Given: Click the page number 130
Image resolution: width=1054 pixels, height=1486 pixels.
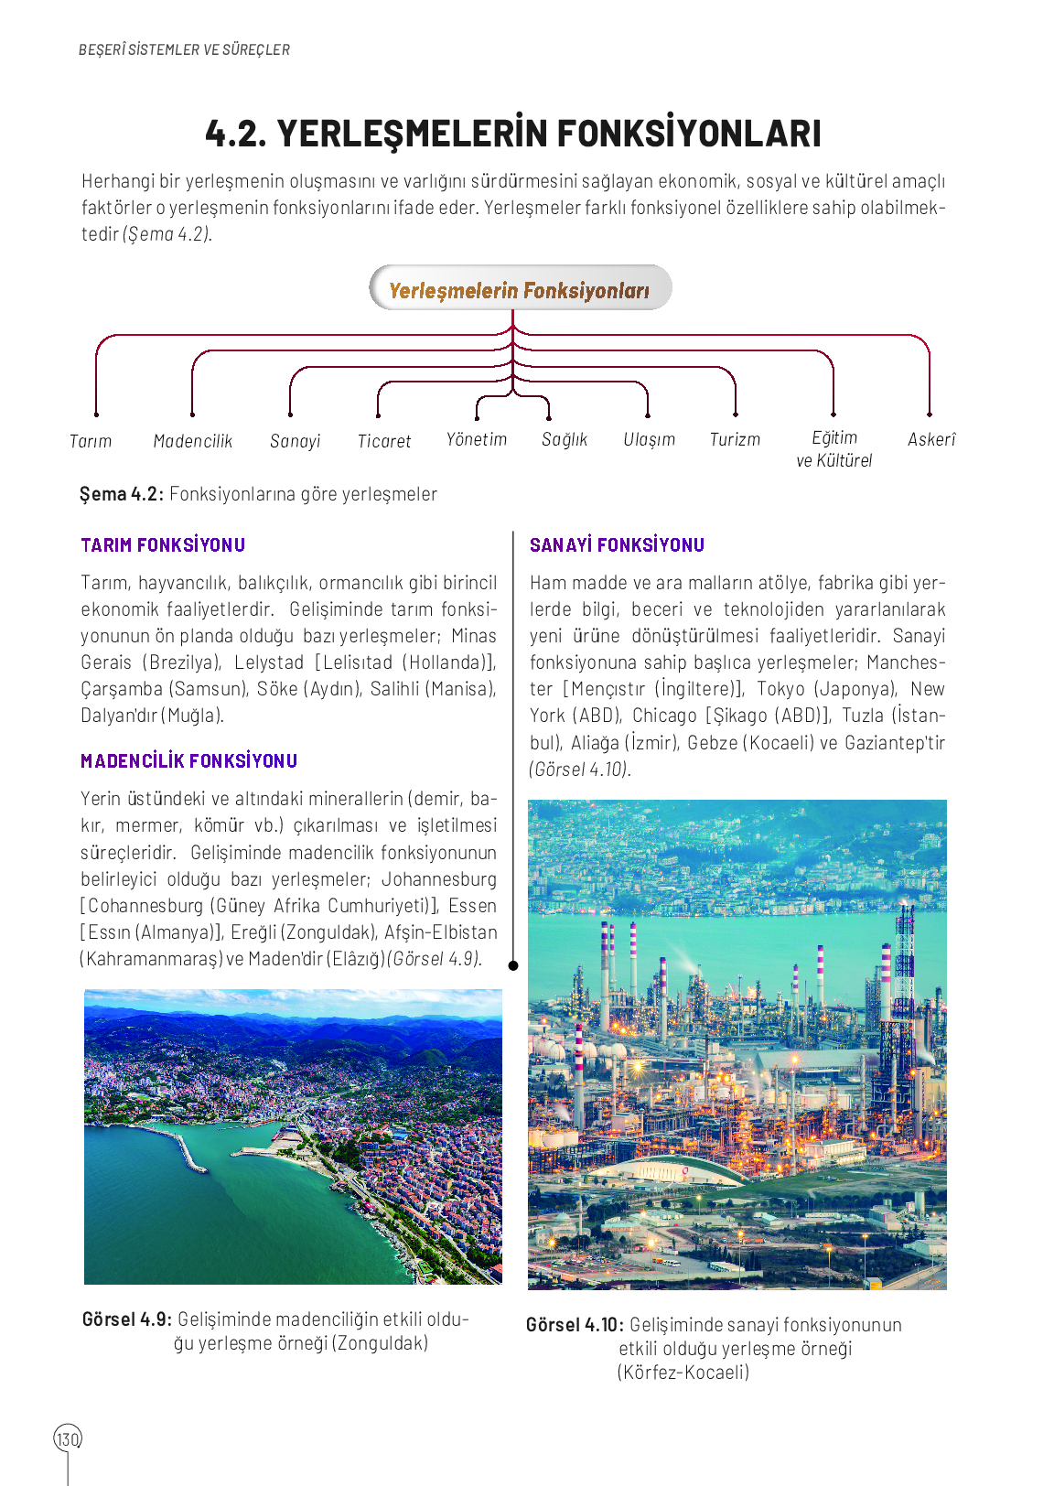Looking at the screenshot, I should pos(68,1438).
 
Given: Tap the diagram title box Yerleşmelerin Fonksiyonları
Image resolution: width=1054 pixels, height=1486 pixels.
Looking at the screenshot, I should pos(520,289).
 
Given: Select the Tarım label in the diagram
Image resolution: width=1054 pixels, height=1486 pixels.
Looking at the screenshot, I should pos(91,441).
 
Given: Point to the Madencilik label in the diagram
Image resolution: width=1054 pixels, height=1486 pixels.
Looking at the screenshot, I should pos(193,441).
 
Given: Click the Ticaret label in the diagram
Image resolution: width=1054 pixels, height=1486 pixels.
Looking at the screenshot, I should pos(384,441).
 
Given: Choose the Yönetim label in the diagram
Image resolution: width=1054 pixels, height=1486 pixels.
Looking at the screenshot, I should pos(477,439).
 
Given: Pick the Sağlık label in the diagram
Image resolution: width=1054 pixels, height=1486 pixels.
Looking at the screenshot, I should pos(565,439).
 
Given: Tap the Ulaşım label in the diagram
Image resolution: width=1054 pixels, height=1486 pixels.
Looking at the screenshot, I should pos(650,439).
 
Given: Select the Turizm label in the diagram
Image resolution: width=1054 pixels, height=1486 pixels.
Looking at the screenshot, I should pos(736,439).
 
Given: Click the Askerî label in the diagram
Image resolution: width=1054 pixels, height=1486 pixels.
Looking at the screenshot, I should pos(931,439).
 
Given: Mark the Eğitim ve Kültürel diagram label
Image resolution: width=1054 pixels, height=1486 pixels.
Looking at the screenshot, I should pos(834,449).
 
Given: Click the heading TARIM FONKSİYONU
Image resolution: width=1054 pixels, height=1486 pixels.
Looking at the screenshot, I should pos(163,545).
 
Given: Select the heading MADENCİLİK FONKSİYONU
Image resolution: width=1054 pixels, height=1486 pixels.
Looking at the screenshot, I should pos(188,761).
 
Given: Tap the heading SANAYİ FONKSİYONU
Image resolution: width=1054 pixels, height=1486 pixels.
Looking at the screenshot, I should pos(617,545).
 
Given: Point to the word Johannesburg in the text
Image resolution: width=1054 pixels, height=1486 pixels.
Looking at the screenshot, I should pos(439,879).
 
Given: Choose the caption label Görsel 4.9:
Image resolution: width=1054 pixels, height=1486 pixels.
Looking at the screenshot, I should pos(126,1319).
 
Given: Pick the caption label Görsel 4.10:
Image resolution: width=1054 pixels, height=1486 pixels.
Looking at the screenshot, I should pos(575,1325).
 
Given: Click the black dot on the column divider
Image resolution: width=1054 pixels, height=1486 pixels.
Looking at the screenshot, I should pos(513,965).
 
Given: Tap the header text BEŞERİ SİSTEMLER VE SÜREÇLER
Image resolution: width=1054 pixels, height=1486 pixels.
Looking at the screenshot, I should pos(184,50).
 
